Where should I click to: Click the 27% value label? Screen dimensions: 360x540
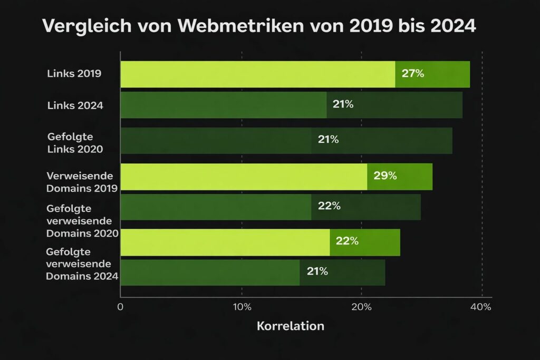[412, 74]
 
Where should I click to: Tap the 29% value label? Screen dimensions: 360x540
[385, 176]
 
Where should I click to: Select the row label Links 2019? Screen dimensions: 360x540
[74, 74]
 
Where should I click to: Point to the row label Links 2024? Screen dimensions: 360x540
[75, 105]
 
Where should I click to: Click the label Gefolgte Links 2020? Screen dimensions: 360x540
[75, 143]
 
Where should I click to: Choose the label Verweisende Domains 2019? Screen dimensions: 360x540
[82, 181]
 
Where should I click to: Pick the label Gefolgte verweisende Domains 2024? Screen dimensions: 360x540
[82, 263]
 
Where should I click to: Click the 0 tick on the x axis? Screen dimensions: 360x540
[121, 307]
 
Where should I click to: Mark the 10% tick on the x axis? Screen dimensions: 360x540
[242, 307]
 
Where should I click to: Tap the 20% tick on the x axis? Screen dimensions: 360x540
[361, 307]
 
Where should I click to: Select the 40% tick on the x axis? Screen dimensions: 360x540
[481, 307]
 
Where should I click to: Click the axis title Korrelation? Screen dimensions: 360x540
[291, 326]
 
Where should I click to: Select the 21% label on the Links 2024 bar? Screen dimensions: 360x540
[343, 104]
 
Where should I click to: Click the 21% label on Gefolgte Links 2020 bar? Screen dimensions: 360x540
[328, 140]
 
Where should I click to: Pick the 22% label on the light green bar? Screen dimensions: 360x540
[347, 241]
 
